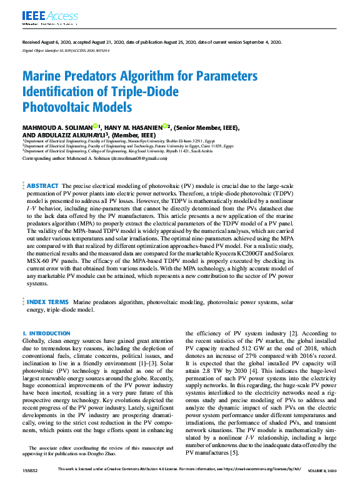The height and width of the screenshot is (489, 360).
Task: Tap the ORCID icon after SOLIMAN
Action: pos(96,126)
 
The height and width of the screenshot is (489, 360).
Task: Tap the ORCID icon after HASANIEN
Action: pos(164,126)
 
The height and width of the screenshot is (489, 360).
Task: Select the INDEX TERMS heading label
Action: pos(47,302)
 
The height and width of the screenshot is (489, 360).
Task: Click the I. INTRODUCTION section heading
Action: pos(47,334)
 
